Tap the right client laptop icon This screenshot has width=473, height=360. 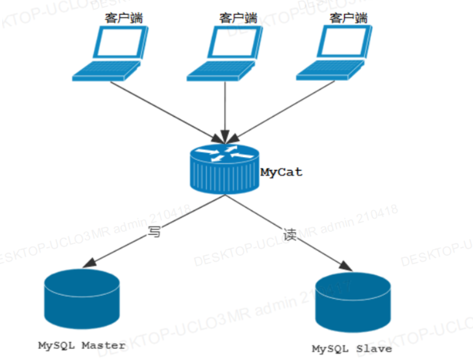(x=332, y=54)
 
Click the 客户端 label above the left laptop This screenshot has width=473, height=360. (x=124, y=18)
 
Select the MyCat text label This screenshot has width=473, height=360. (x=282, y=173)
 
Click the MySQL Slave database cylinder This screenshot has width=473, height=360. (x=353, y=302)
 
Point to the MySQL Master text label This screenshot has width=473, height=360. (x=81, y=345)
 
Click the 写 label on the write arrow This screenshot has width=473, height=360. (x=154, y=233)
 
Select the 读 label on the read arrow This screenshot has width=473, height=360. (x=290, y=235)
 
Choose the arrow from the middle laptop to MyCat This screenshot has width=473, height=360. (x=225, y=108)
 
